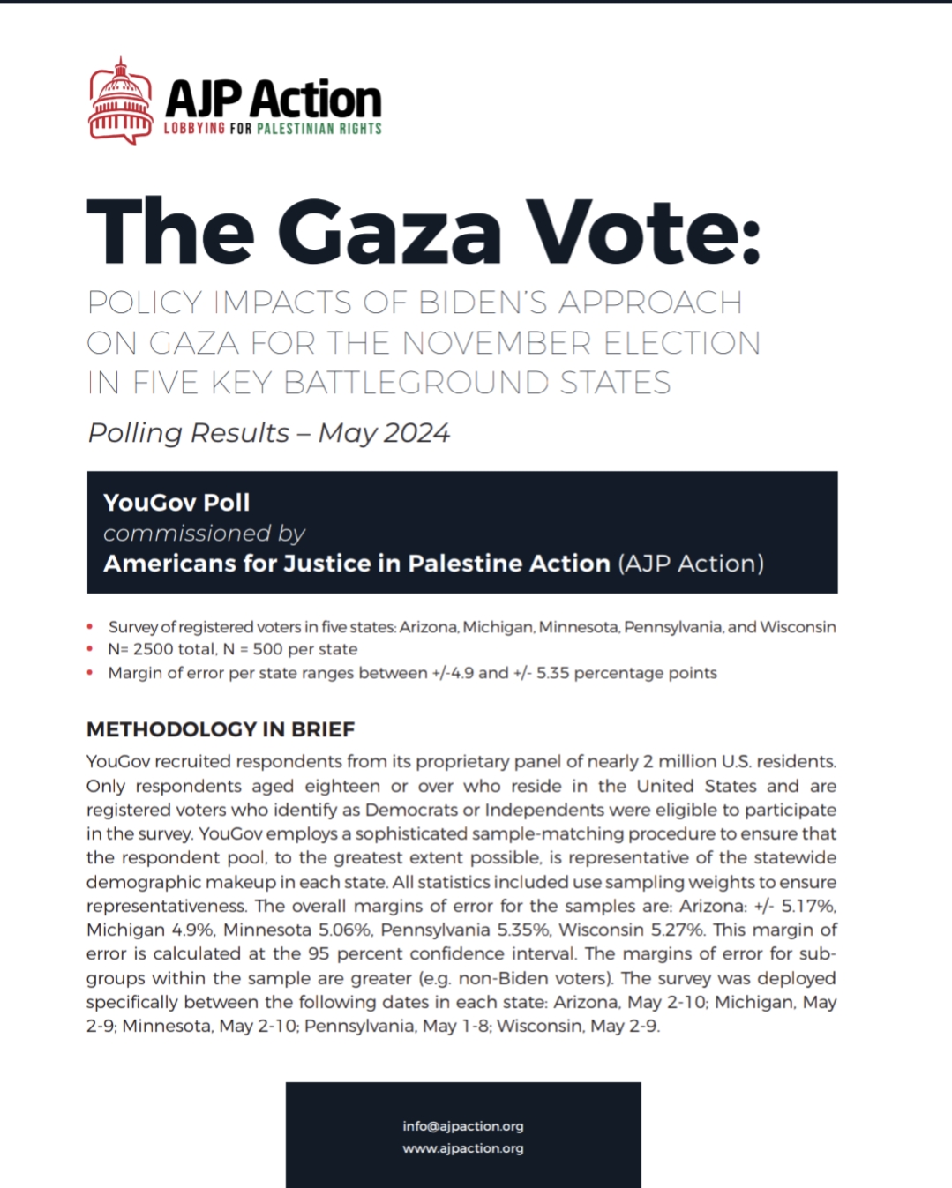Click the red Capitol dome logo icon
point(121,101)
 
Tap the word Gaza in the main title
point(394,232)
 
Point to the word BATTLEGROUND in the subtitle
point(417,383)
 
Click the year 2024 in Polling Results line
point(416,433)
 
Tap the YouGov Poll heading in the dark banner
point(176,503)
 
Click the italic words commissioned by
point(204,534)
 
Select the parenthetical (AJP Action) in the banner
point(691,564)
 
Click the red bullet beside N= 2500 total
point(90,650)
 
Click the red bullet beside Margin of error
point(90,674)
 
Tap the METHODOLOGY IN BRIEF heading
point(221,729)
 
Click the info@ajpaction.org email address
point(463,1126)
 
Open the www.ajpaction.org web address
point(463,1148)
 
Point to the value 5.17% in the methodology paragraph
point(808,906)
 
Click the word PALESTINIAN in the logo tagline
point(296,129)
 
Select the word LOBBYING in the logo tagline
point(194,129)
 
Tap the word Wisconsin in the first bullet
point(798,627)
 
